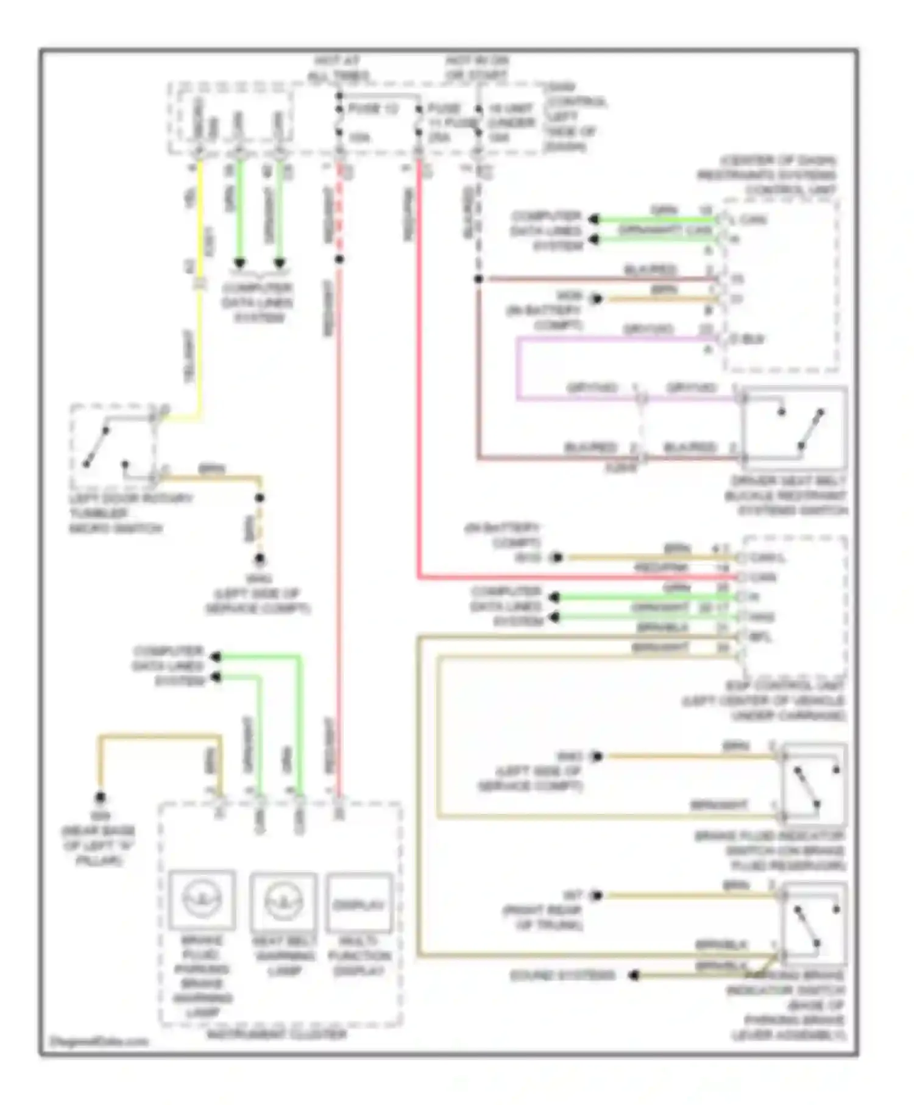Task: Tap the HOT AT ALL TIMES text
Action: pos(338,68)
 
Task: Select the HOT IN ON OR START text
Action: pos(476,68)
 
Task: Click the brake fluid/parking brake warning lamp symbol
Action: pos(202,900)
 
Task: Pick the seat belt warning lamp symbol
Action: pos(283,900)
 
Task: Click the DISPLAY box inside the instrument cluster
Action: pos(359,904)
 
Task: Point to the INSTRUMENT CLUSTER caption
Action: pos(277,1034)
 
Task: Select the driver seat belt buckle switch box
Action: pos(793,428)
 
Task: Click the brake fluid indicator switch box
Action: pos(813,783)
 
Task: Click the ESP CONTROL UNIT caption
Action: pos(765,701)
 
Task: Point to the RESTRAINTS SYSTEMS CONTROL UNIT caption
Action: pos(768,175)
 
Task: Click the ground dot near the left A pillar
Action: pos(100,797)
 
